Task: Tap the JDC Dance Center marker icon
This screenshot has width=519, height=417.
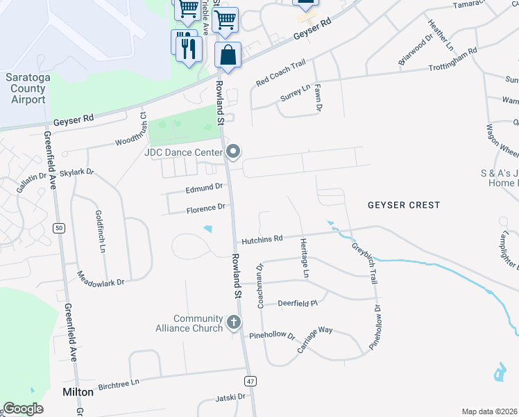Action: tap(234, 152)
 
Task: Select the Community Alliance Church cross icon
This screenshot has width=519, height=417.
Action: tap(234, 322)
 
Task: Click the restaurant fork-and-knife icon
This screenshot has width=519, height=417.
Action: tap(187, 47)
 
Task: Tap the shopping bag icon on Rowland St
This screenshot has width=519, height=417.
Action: tap(228, 54)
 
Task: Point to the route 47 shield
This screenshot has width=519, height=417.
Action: tap(250, 381)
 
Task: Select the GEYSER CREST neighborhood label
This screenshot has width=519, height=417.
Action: tap(403, 205)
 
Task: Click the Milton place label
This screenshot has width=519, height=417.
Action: tap(78, 392)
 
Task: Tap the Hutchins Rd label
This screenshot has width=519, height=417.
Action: tap(262, 240)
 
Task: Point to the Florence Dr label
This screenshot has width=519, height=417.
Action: tap(205, 208)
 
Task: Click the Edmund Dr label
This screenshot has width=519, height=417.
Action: tap(204, 187)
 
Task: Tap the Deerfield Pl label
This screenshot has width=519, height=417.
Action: tap(297, 303)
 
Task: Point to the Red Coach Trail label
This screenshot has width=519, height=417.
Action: tap(280, 73)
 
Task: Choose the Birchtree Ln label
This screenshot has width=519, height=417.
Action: tap(119, 382)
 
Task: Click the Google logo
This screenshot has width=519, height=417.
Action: tap(24, 409)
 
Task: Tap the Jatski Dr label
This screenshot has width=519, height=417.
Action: tap(231, 397)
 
